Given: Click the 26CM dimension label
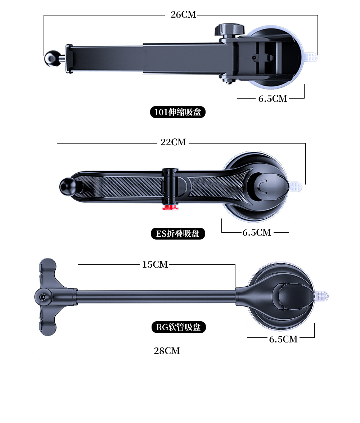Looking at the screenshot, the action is tap(183, 14).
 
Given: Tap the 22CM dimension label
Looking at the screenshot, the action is tap(173, 142).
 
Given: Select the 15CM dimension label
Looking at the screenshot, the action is tap(155, 264).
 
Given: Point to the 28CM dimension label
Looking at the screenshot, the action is tap(167, 351).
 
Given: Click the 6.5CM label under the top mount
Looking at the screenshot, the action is tap(273, 99).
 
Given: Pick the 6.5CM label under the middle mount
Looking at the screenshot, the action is tap(257, 232).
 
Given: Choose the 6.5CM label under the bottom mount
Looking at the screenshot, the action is tap(283, 339).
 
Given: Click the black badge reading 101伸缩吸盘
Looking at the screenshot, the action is tap(178, 112).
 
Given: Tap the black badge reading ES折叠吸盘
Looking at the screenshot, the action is tap(178, 234).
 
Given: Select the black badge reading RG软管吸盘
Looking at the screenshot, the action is tap(179, 327).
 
